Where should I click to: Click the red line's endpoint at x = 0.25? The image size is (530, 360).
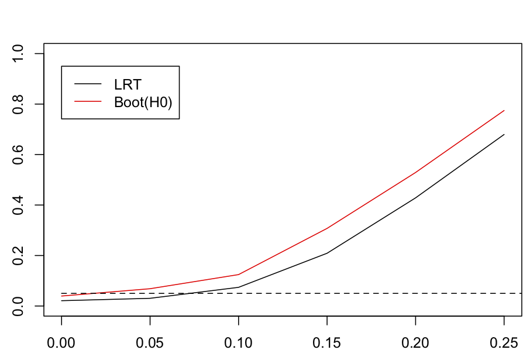coord(504,111)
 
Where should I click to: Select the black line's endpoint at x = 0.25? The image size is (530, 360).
coord(504,135)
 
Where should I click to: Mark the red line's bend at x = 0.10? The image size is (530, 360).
coord(239,275)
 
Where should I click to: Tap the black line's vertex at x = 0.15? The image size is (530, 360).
coord(327,253)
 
